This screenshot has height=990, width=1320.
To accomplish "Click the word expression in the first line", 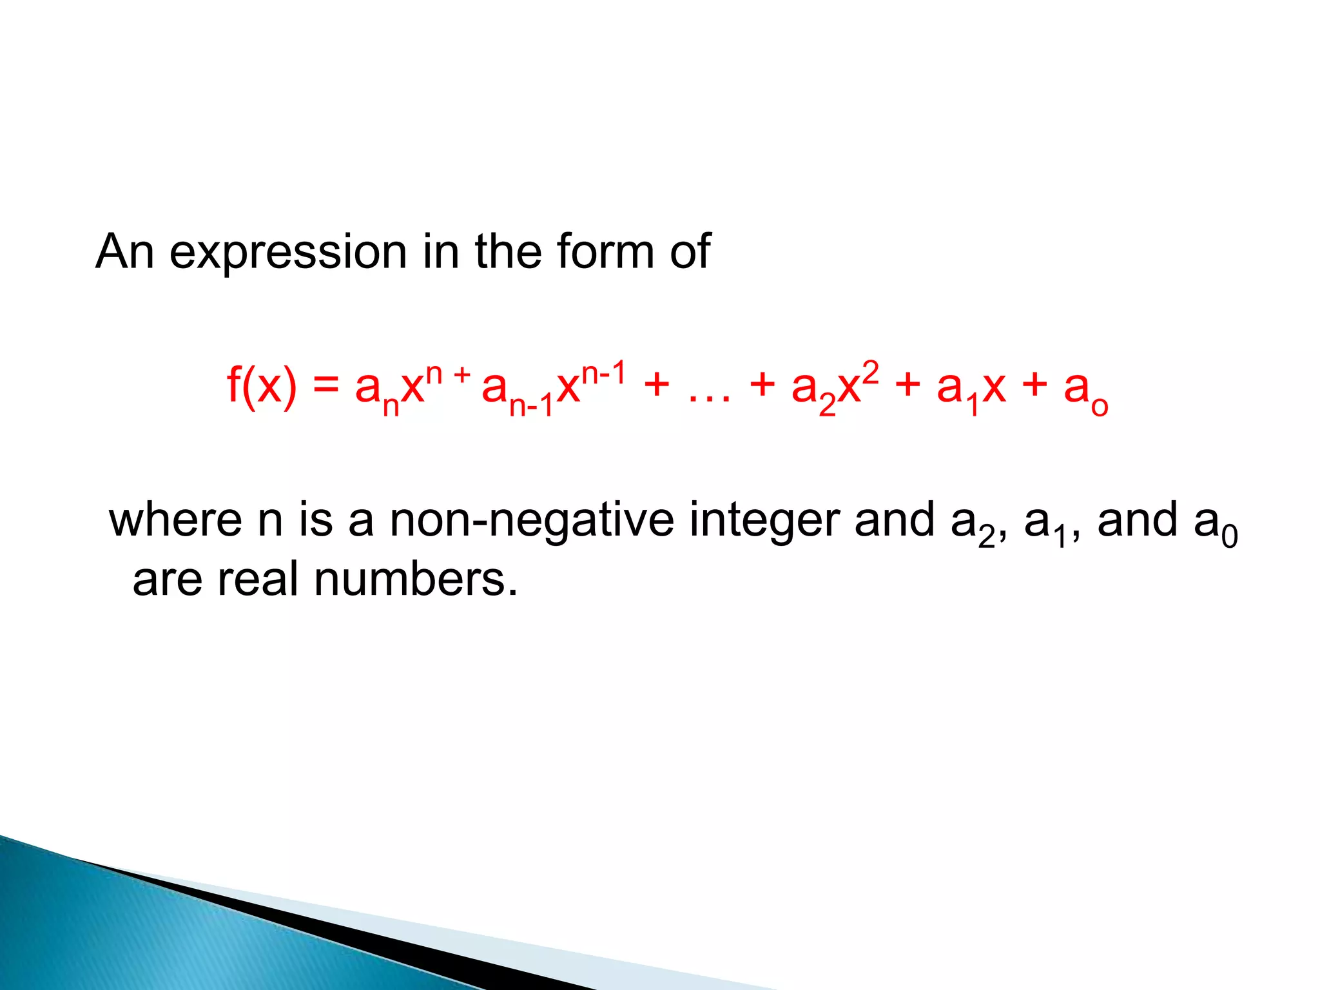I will pyautogui.click(x=287, y=252).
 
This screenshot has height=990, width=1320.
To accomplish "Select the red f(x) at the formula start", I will pyautogui.click(x=262, y=386).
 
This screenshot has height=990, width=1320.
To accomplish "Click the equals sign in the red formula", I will pyautogui.click(x=326, y=386).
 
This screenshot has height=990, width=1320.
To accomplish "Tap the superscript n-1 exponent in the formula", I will pyautogui.click(x=604, y=373).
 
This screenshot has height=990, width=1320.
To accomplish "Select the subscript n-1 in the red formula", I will pyautogui.click(x=531, y=406).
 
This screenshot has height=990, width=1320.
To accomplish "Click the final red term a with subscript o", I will pyautogui.click(x=1085, y=391).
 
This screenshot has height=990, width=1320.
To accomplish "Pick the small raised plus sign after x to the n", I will pyautogui.click(x=462, y=373).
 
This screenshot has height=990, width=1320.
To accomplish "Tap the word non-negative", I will pyautogui.click(x=532, y=521).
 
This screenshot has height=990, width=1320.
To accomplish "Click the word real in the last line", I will pyautogui.click(x=258, y=579).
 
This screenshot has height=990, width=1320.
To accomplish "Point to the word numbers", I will pyautogui.click(x=416, y=579).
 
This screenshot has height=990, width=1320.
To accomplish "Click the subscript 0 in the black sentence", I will pyautogui.click(x=1230, y=537).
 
